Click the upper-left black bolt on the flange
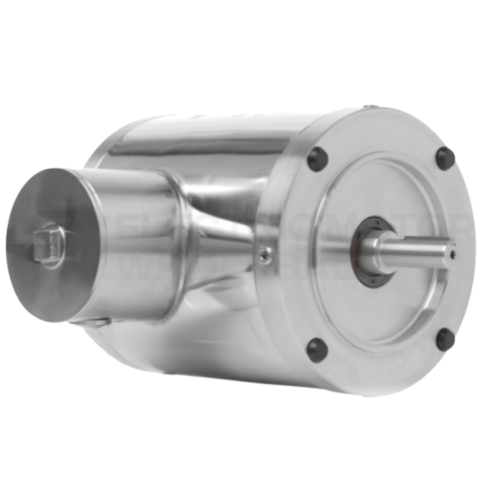coord(317,159)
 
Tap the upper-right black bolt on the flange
coord(444,157)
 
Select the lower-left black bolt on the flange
coord(316,349)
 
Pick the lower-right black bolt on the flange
coord(444,340)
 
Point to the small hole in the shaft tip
coord(453,254)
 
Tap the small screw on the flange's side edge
coord(265,255)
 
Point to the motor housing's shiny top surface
coord(201,133)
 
